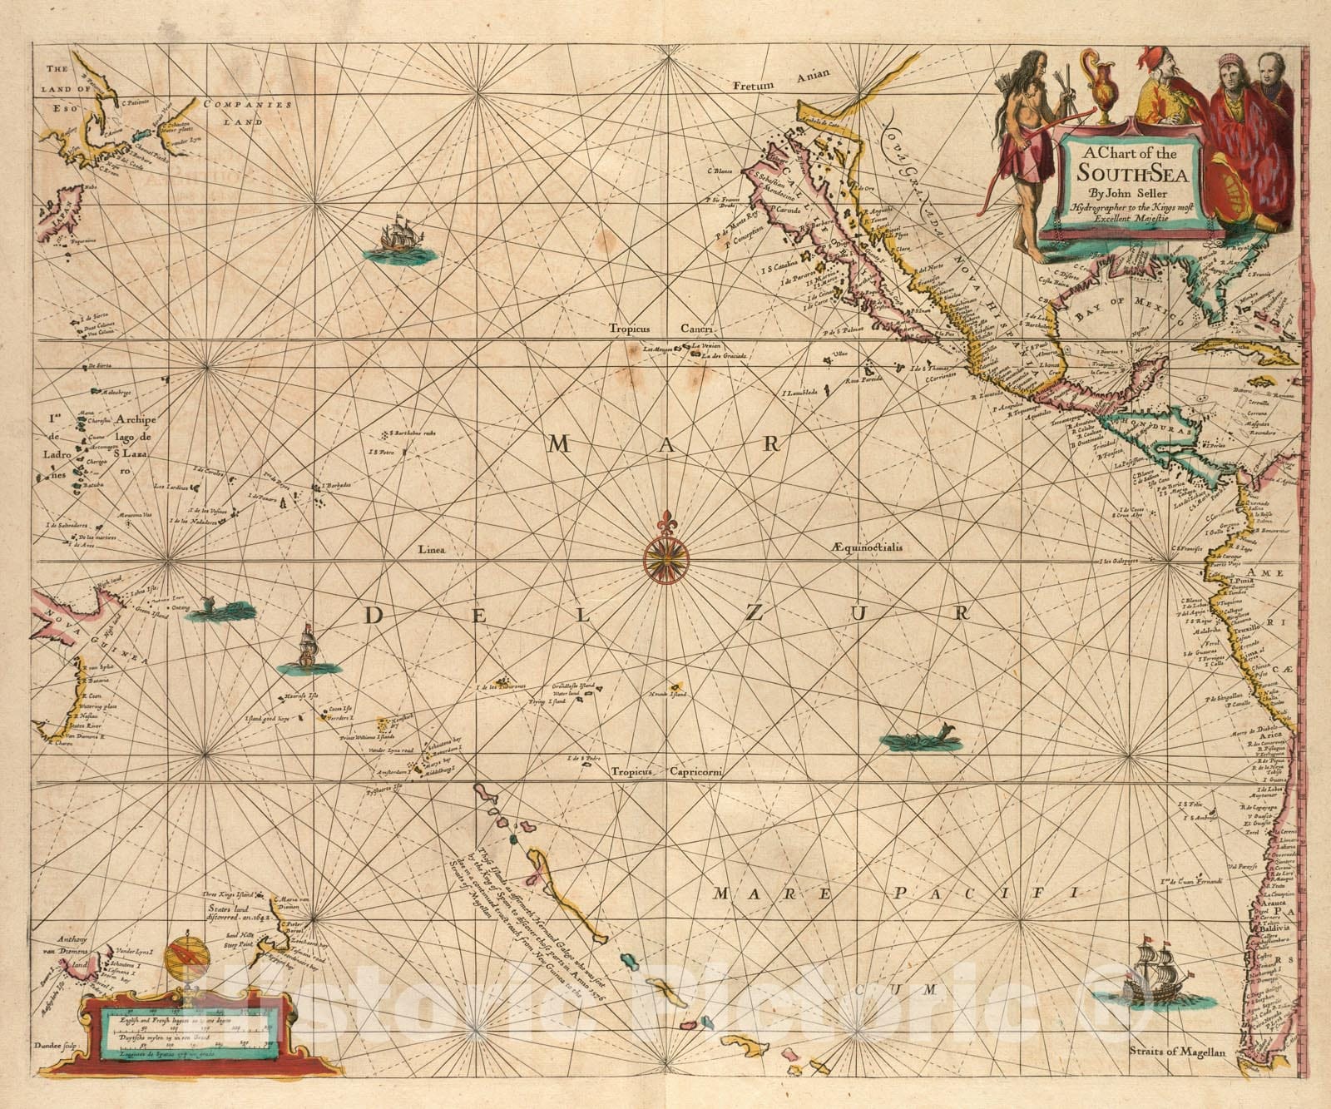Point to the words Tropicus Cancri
click(656, 329)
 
